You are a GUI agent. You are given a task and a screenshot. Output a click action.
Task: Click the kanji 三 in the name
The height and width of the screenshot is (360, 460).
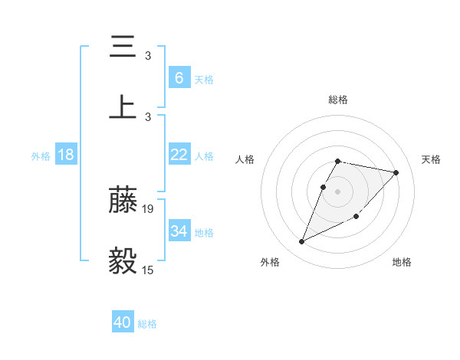(x=123, y=47)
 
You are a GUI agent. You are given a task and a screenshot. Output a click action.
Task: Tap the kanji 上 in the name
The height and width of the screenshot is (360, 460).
(x=123, y=107)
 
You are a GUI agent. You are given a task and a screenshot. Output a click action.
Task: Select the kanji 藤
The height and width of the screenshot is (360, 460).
(x=123, y=201)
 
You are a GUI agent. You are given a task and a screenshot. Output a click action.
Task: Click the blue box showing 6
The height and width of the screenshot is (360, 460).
(x=179, y=77)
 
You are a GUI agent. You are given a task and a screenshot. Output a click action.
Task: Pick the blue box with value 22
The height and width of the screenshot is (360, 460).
(x=179, y=155)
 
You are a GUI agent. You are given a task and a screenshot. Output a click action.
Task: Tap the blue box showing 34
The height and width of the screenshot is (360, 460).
(x=179, y=231)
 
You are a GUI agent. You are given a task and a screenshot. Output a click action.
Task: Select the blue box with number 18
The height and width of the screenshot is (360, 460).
(x=66, y=155)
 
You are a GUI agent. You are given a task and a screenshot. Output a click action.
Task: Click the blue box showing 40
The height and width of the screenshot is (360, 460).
(x=123, y=322)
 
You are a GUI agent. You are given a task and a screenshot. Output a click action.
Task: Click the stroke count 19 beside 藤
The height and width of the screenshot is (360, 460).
(x=148, y=208)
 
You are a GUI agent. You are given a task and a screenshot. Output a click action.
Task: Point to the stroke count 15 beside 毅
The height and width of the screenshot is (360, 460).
(x=148, y=270)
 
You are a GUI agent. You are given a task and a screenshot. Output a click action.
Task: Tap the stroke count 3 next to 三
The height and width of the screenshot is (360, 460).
(x=148, y=56)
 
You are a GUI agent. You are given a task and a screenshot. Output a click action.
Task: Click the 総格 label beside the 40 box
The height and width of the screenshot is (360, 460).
(x=147, y=324)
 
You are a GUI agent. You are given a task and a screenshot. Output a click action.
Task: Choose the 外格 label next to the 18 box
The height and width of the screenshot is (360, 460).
(x=41, y=156)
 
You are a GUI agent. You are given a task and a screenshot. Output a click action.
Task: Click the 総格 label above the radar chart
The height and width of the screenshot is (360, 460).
(x=338, y=100)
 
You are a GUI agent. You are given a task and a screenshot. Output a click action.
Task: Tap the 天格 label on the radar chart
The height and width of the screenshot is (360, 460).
(x=431, y=159)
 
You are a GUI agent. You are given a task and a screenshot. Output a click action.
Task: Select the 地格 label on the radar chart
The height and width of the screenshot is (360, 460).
(x=402, y=262)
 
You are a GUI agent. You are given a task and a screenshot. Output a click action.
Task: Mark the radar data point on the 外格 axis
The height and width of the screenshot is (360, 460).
(x=301, y=242)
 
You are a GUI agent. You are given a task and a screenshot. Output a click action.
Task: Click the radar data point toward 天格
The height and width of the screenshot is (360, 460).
(x=396, y=172)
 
